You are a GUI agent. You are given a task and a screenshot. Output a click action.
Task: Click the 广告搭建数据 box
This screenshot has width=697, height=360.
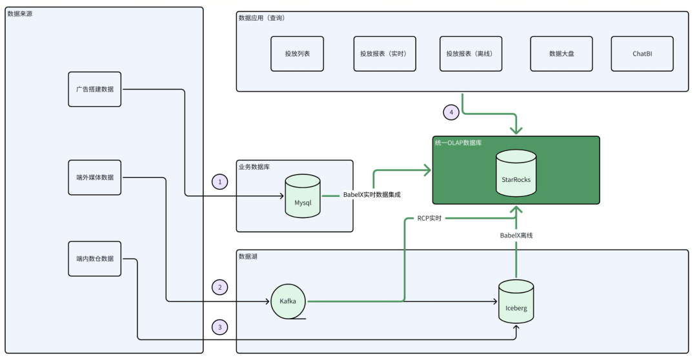(x=94, y=89)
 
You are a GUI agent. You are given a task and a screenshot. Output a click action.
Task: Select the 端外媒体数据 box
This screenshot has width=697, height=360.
(x=94, y=177)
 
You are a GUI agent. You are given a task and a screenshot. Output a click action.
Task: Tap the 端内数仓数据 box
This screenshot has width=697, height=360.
(x=94, y=258)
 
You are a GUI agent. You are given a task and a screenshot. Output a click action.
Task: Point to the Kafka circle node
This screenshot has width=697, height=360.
(x=288, y=301)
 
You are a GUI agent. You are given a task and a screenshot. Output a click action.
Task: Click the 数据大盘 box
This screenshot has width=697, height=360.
(x=561, y=54)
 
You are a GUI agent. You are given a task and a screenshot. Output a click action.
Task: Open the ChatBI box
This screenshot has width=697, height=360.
(x=642, y=54)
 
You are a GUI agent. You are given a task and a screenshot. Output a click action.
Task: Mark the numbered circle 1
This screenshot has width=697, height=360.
(x=220, y=183)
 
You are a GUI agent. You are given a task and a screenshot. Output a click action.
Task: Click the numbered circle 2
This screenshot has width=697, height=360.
(x=220, y=286)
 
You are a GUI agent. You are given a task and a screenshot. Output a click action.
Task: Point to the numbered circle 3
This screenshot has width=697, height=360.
(x=220, y=327)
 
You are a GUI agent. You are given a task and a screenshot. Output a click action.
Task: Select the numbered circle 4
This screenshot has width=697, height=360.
(x=452, y=112)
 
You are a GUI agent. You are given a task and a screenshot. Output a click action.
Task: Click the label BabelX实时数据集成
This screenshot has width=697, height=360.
(x=372, y=194)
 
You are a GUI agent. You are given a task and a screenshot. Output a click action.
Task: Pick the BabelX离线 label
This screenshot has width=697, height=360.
(x=516, y=235)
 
